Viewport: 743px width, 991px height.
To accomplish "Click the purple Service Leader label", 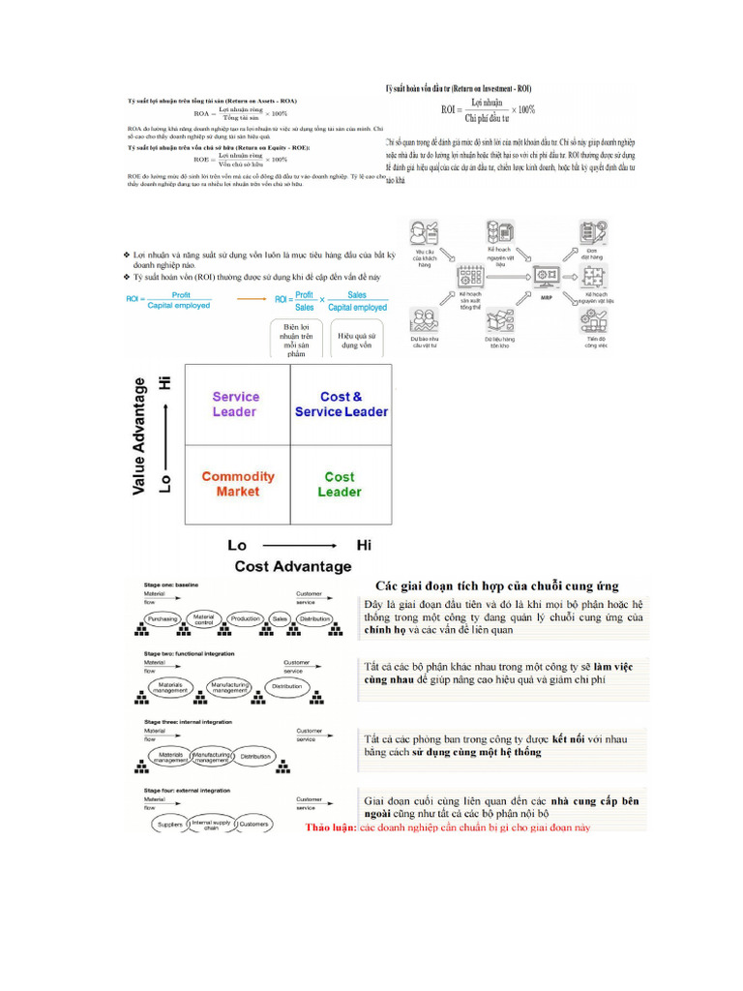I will coord(235,404).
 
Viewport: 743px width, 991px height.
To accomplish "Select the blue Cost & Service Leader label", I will coord(341,404).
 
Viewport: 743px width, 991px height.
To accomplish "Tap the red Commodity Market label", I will coord(237,484).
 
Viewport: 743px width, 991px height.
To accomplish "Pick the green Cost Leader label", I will coord(340,484).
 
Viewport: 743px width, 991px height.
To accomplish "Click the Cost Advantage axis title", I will coord(293,566).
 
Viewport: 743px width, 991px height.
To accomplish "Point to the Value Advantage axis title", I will coord(141,436).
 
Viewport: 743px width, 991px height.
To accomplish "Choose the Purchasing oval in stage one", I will coord(163,618).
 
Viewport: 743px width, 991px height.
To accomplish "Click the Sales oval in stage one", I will coord(280,618).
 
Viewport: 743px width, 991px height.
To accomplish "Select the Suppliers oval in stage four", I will coord(169,825).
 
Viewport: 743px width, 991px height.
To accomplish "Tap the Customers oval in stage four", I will coord(253,825).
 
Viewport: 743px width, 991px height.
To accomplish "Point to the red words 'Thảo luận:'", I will coord(331,828).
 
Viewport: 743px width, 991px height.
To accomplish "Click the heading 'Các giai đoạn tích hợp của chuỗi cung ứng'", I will coord(497,586).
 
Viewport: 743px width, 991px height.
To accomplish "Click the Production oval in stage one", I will coord(246,618).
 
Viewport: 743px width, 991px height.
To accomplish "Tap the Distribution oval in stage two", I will coord(286,685).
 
